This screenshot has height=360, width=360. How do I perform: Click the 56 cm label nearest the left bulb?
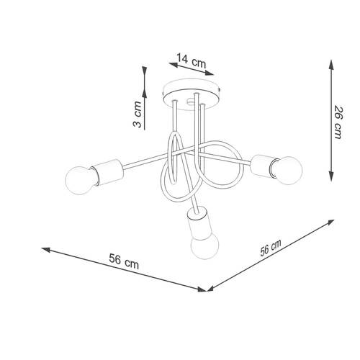(124, 264)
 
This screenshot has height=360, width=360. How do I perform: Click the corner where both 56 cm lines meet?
(207, 291)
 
